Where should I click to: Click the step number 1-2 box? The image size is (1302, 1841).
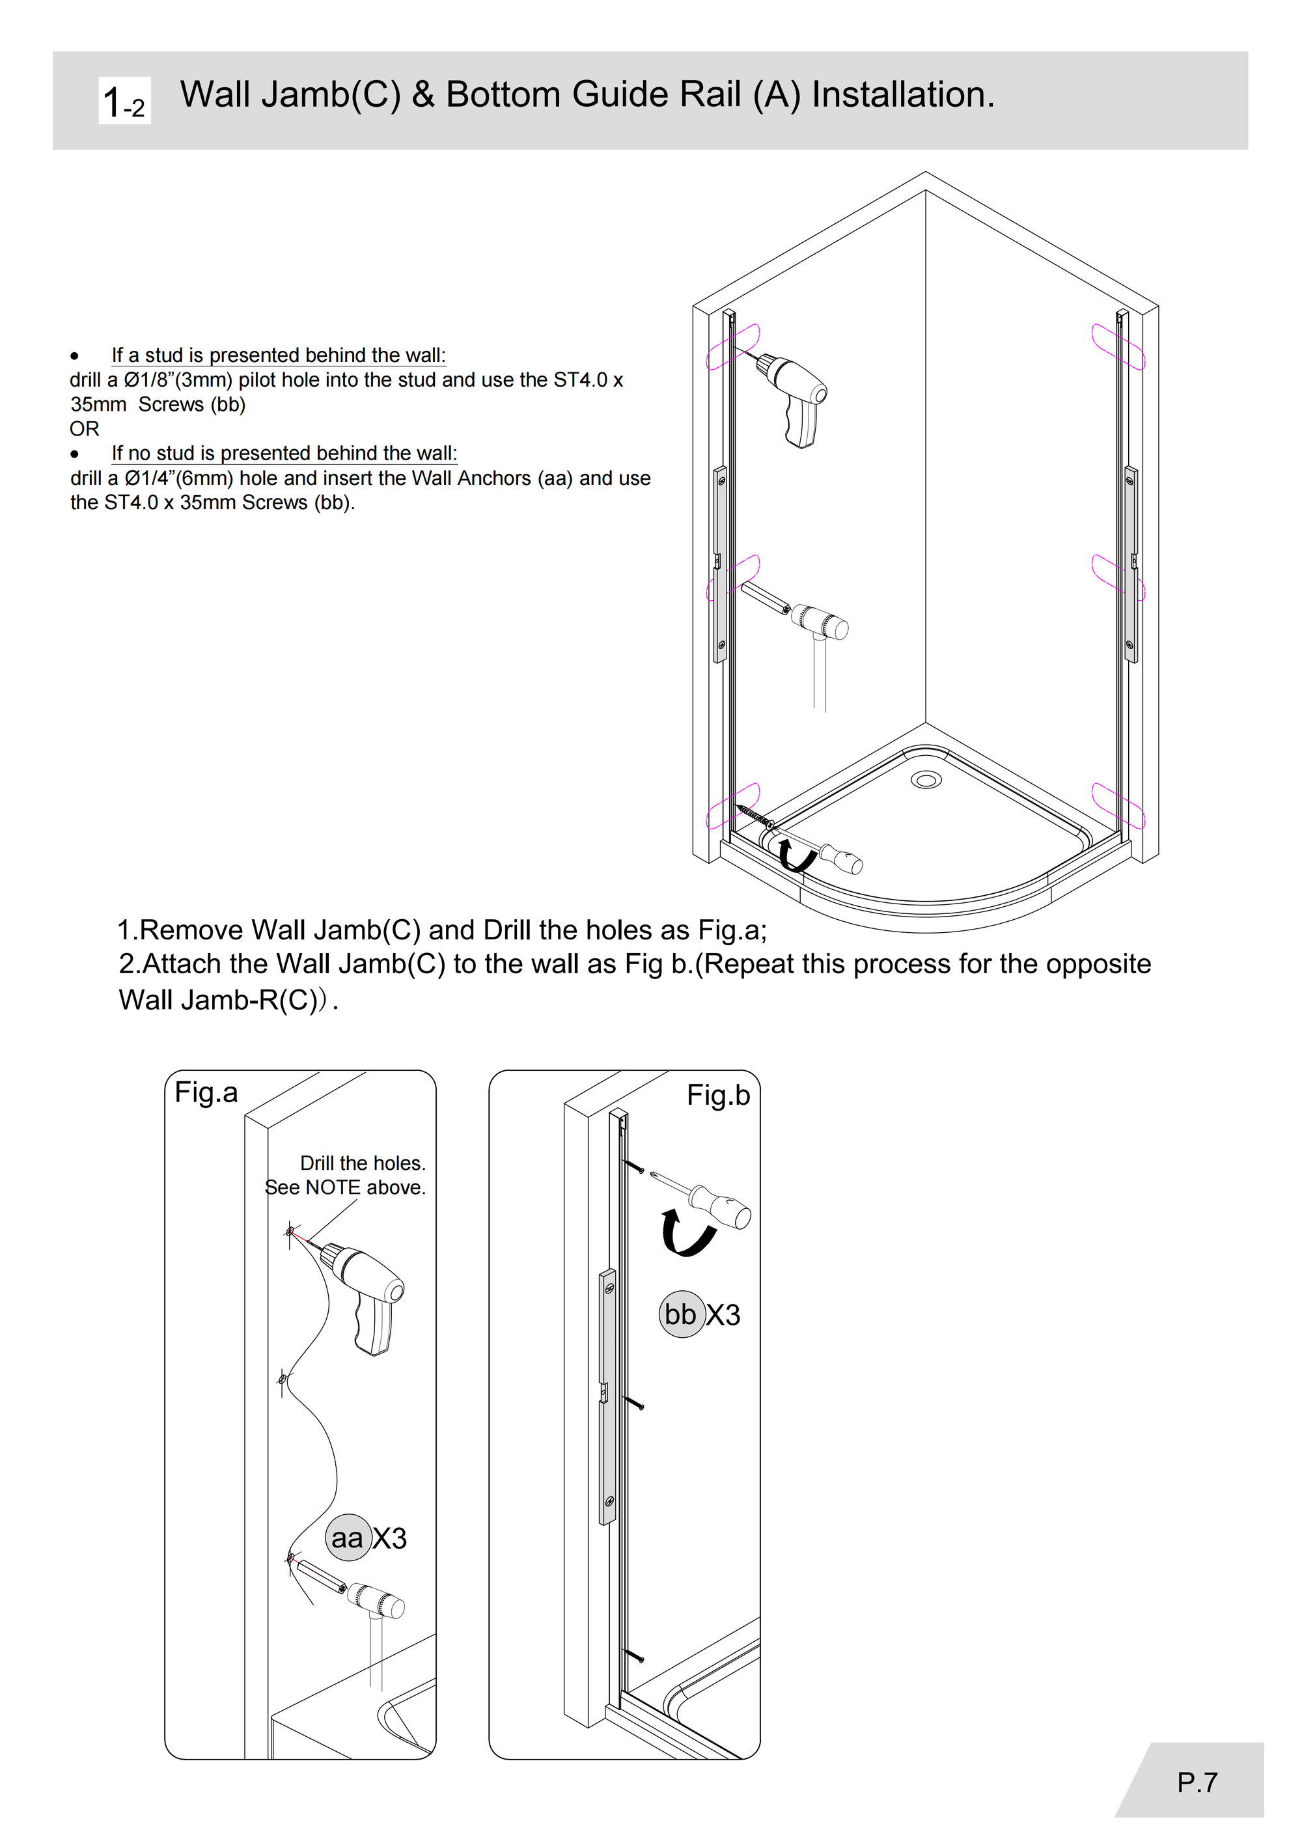coord(124,101)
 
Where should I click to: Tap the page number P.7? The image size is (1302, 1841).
coord(1197,1782)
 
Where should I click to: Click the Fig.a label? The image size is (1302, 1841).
coord(206,1092)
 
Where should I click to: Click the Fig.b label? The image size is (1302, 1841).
coord(718,1096)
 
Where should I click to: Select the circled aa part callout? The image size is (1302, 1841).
coord(348,1537)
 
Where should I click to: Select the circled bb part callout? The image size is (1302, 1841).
coord(682,1314)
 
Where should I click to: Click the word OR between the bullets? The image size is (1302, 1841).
coord(84,429)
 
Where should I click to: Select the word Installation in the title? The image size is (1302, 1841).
coord(904,94)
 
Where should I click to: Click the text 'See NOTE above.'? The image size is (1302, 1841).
coord(346,1187)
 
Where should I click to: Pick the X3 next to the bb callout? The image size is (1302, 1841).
coord(723,1315)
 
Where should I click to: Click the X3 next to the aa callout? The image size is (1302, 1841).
coord(390,1538)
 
